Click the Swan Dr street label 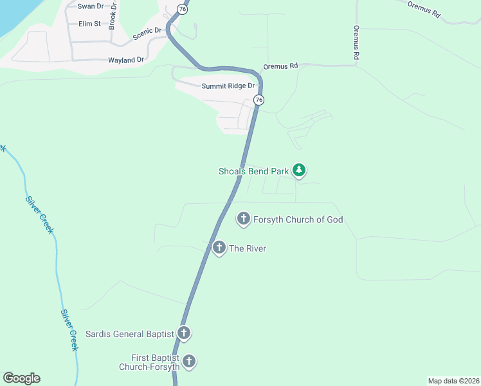90,6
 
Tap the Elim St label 89,24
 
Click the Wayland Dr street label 127,60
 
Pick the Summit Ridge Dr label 228,86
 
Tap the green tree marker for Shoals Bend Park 298,170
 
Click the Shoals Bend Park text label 253,171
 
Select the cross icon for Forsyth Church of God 244,219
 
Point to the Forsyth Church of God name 298,219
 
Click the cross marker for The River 219,248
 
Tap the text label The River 248,248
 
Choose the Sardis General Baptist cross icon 184,333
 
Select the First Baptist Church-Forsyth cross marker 189,362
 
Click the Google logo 21,378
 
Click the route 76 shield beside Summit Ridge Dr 259,100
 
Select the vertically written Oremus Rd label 356,43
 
